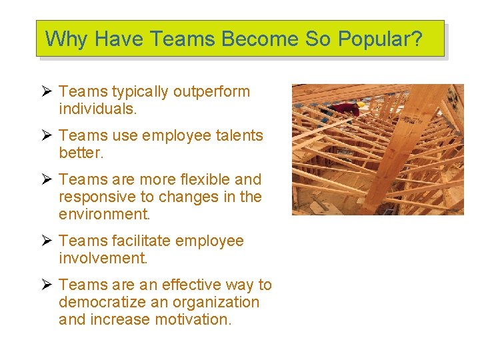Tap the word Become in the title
[x=261, y=39]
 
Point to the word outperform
[x=212, y=91]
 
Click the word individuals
[x=98, y=109]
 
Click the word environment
[x=103, y=214]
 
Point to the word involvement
[x=103, y=258]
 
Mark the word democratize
[x=105, y=302]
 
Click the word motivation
[x=193, y=319]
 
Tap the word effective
[x=189, y=285]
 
